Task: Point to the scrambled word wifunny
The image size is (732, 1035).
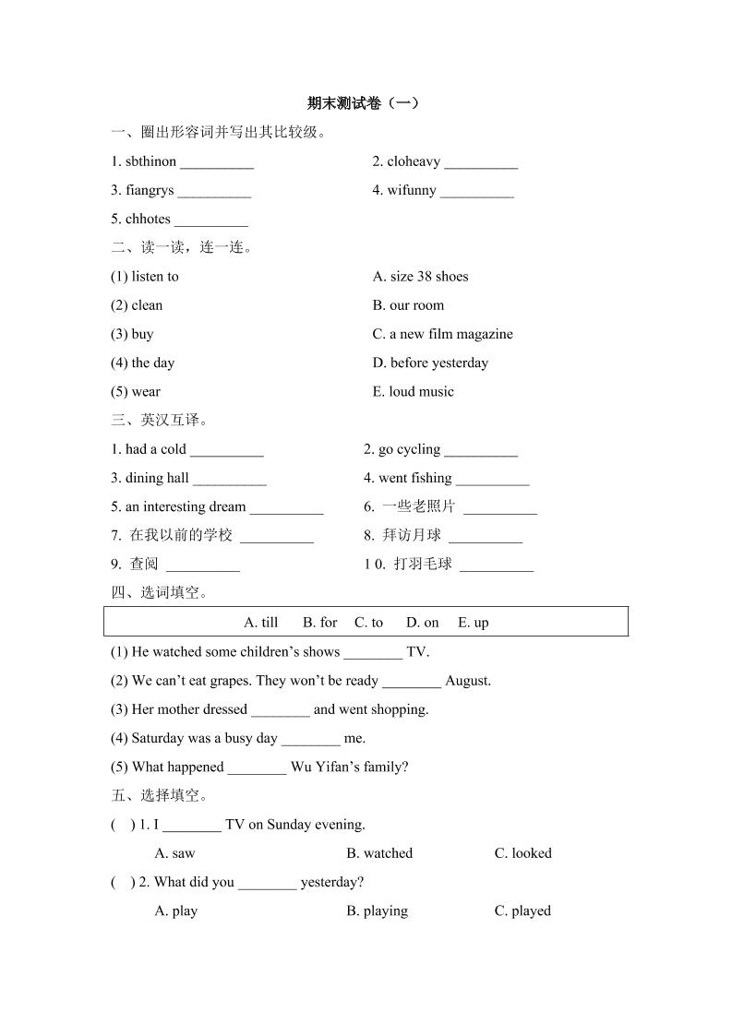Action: coord(412,191)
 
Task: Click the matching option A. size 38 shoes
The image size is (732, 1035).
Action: coord(420,277)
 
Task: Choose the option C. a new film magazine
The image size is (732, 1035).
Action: coord(442,334)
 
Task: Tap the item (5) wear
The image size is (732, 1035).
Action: coord(136,392)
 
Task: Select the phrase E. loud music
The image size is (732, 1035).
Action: coord(414,392)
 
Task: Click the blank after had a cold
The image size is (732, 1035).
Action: coord(227,451)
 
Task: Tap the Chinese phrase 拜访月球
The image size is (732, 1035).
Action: coord(412,535)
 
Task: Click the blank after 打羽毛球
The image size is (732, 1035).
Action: coord(497,565)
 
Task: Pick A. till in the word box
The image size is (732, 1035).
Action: coord(260,623)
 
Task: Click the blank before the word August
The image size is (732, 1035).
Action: coord(412,683)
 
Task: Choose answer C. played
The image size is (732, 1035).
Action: coord(522,910)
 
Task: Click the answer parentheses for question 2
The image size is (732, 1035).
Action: coord(123,882)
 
